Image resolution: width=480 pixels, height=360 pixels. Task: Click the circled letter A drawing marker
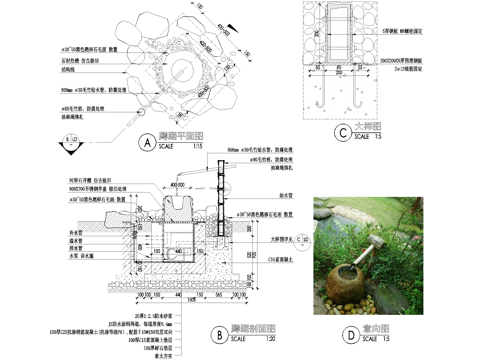147,143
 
